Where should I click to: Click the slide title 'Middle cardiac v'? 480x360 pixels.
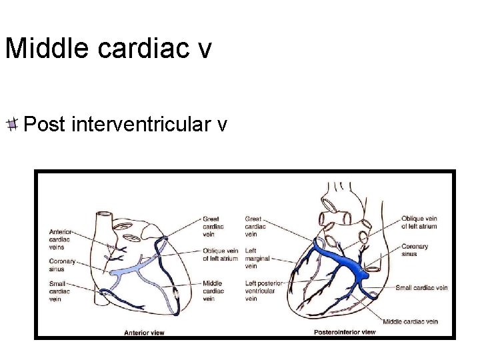point(108,49)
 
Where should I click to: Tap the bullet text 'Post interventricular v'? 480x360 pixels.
point(125,124)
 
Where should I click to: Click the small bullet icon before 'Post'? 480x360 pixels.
point(13,124)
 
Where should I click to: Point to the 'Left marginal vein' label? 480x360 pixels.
point(258,258)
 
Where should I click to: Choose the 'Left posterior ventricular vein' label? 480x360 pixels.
point(264,291)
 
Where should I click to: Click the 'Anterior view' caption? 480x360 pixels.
point(143,331)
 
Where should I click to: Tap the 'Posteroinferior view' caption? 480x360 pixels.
point(345,331)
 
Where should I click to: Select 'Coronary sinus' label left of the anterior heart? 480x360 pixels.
point(62,265)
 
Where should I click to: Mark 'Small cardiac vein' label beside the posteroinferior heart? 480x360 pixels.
point(421,288)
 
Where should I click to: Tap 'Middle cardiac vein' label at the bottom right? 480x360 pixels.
point(411,321)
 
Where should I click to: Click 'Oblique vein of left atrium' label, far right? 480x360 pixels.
point(419,222)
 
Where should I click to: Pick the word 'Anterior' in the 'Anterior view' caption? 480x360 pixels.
point(137,331)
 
